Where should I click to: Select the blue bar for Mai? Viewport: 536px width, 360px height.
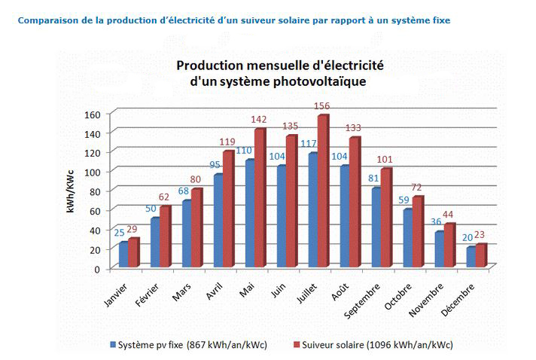pos(250,213)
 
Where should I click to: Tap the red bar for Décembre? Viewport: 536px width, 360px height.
pos(481,255)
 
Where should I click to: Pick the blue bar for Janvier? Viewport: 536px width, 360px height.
pos(123,255)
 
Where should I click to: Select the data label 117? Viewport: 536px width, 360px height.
pos(307,144)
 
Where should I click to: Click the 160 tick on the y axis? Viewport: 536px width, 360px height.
pos(91,114)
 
